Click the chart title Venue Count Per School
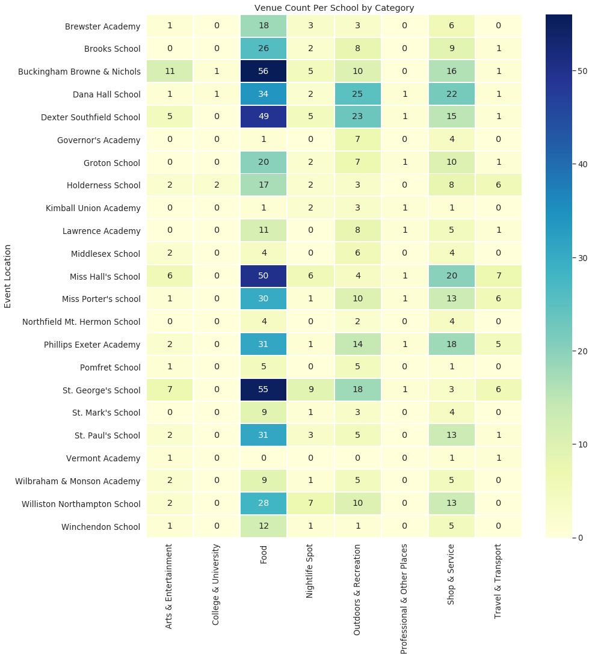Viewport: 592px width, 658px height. click(x=334, y=8)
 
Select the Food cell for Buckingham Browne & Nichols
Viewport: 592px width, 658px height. click(x=264, y=72)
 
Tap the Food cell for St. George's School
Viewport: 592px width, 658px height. click(x=264, y=390)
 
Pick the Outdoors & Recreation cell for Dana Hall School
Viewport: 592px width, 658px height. click(x=357, y=94)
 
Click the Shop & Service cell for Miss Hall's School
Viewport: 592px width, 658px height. click(x=451, y=276)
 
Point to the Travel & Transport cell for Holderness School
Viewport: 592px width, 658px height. click(x=498, y=185)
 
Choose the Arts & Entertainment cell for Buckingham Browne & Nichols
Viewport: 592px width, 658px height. click(x=170, y=72)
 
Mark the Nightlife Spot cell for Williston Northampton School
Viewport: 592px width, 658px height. click(x=310, y=503)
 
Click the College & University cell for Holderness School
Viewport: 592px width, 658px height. click(x=217, y=185)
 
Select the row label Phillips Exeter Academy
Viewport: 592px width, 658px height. click(x=92, y=345)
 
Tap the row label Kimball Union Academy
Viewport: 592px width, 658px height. click(x=93, y=208)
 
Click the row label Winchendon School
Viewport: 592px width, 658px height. click(x=100, y=527)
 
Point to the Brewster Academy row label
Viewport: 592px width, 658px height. click(x=103, y=26)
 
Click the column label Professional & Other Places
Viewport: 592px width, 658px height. click(x=404, y=599)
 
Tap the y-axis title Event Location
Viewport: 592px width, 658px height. click(x=8, y=276)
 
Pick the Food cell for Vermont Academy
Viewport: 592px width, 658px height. click(x=264, y=458)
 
